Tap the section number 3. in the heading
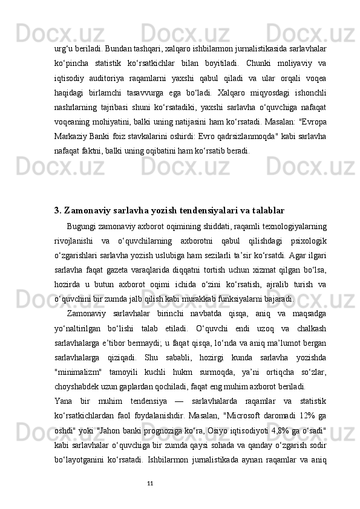click(x=58, y=210)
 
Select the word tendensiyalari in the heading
click(x=195, y=210)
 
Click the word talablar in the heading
click(x=266, y=210)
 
